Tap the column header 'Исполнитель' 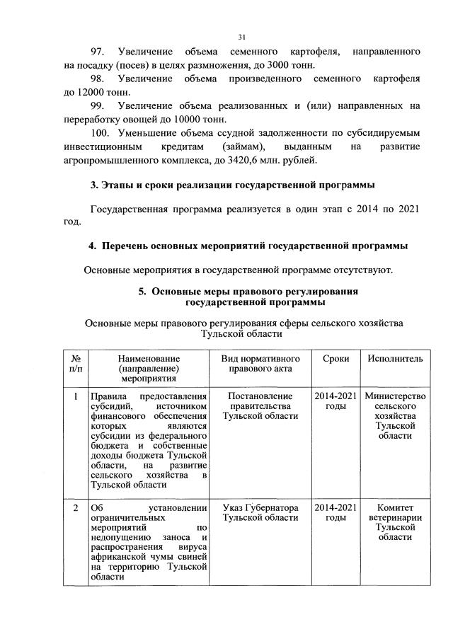pos(395,359)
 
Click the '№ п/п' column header pos(75,364)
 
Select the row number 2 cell pos(75,508)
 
